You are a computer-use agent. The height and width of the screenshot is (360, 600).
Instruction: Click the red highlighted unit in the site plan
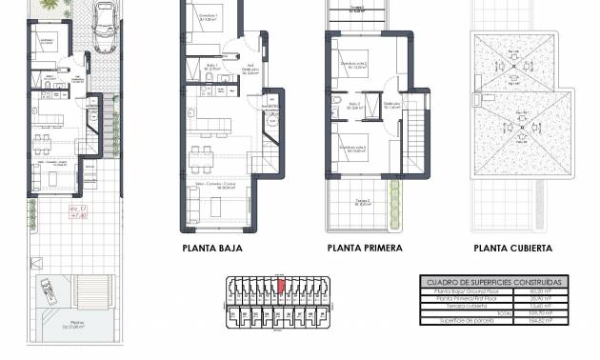(281, 283)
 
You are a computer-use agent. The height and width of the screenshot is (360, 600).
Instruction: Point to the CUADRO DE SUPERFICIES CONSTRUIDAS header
(491, 283)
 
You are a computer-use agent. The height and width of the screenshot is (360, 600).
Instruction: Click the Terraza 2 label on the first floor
(362, 201)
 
